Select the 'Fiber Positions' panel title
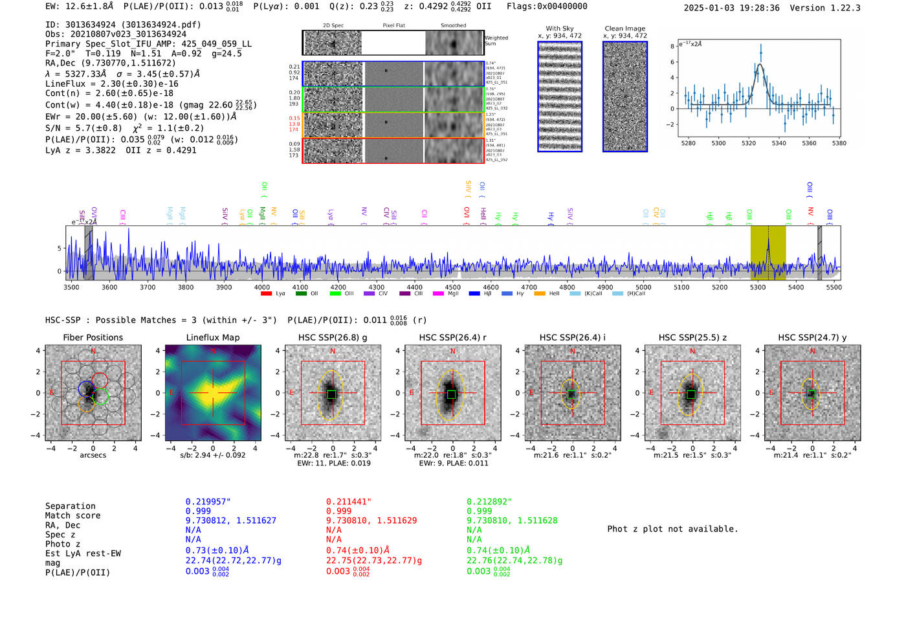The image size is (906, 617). pyautogui.click(x=93, y=337)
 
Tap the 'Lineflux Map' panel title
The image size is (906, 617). pyautogui.click(x=213, y=337)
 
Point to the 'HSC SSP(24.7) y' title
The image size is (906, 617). pyautogui.click(x=812, y=337)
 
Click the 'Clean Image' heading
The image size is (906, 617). pyautogui.click(x=624, y=28)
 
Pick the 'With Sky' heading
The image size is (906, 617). pyautogui.click(x=559, y=28)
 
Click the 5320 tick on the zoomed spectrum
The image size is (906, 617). pyautogui.click(x=749, y=143)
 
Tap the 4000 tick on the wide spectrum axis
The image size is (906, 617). pyautogui.click(x=262, y=287)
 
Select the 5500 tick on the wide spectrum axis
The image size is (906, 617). pyautogui.click(x=834, y=287)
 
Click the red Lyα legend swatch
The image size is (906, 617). pyautogui.click(x=266, y=294)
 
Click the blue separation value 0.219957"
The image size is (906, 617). pyautogui.click(x=208, y=502)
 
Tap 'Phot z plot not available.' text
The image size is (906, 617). pyautogui.click(x=672, y=529)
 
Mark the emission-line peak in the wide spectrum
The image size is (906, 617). pyautogui.click(x=768, y=240)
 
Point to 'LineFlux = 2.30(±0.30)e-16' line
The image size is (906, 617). pyautogui.click(x=111, y=84)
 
